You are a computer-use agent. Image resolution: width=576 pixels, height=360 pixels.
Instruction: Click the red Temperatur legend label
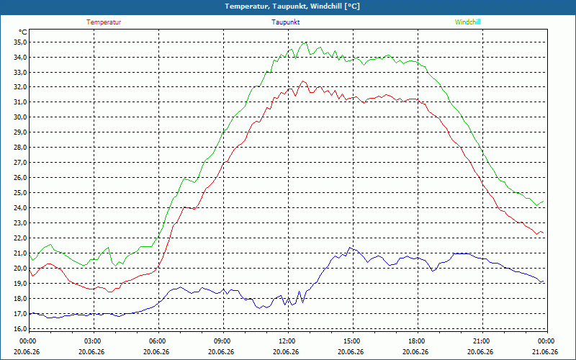tap(104, 22)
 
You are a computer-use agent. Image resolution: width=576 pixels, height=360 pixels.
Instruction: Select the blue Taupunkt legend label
tap(286, 22)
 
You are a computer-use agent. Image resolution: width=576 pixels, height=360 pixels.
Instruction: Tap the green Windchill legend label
tap(467, 22)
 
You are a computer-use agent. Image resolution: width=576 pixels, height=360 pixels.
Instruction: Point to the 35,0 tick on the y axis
tap(20, 42)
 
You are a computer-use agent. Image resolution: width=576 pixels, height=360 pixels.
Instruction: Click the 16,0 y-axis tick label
tap(20, 328)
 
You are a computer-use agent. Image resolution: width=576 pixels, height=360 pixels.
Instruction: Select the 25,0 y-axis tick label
tap(20, 193)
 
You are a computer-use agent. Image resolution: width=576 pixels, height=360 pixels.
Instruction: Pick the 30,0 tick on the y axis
tap(20, 117)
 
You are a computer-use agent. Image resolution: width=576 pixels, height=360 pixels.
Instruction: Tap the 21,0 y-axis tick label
tap(20, 253)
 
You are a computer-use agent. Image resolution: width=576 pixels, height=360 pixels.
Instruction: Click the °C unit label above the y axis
tap(22, 32)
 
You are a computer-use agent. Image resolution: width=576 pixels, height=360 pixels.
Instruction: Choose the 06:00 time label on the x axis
tap(158, 341)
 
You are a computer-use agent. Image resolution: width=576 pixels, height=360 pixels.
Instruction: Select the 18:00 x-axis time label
tap(418, 341)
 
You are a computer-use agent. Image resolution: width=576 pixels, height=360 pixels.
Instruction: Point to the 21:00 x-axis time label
tap(482, 341)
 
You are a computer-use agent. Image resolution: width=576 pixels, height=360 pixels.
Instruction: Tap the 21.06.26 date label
tap(545, 351)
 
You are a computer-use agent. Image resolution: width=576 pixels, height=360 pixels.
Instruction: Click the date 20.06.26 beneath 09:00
tap(221, 351)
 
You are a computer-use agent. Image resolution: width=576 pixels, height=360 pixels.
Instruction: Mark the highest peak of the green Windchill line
tap(305, 42)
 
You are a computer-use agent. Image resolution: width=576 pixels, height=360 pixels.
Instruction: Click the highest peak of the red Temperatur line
tap(302, 81)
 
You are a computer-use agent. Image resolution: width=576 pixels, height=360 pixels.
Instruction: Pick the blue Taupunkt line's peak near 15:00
tap(349, 248)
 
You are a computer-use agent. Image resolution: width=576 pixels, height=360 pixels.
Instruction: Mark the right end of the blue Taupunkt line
tap(544, 282)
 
